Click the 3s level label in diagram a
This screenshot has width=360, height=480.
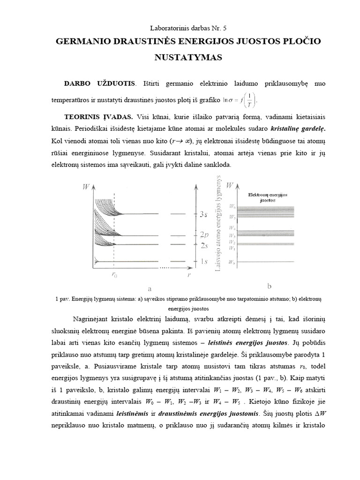pos(203,214)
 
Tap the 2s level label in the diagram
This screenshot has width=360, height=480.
pos(203,245)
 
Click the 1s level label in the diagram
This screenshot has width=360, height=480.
pos(203,261)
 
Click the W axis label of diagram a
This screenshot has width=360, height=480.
pos(86,187)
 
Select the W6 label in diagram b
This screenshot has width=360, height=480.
pos(232,206)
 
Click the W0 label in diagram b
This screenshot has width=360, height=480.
pos(232,263)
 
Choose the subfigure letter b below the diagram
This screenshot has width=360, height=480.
pos(269,285)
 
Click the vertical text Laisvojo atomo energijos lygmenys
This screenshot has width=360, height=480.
pos(217,225)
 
